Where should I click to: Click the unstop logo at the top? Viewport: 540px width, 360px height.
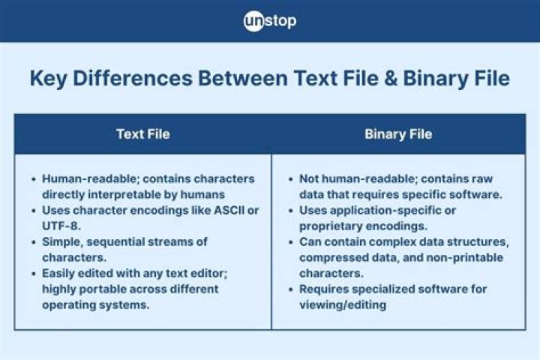(x=270, y=21)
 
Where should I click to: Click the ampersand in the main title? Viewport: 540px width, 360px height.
(x=391, y=78)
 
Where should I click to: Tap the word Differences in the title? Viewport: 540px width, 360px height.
(x=133, y=78)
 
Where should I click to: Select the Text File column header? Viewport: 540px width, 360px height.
(x=143, y=134)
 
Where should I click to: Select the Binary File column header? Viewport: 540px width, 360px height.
(x=398, y=134)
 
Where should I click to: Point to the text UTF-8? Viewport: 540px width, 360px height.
(x=61, y=226)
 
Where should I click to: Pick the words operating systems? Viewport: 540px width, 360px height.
(x=96, y=305)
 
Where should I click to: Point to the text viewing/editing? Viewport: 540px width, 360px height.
(x=343, y=305)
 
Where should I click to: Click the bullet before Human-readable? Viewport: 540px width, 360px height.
(x=34, y=179)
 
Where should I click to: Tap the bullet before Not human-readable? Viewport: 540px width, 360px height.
(x=291, y=179)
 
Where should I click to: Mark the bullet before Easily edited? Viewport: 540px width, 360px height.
(x=34, y=274)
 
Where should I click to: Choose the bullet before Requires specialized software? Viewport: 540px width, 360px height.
(x=291, y=289)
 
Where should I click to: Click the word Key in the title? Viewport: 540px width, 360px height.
(x=48, y=79)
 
